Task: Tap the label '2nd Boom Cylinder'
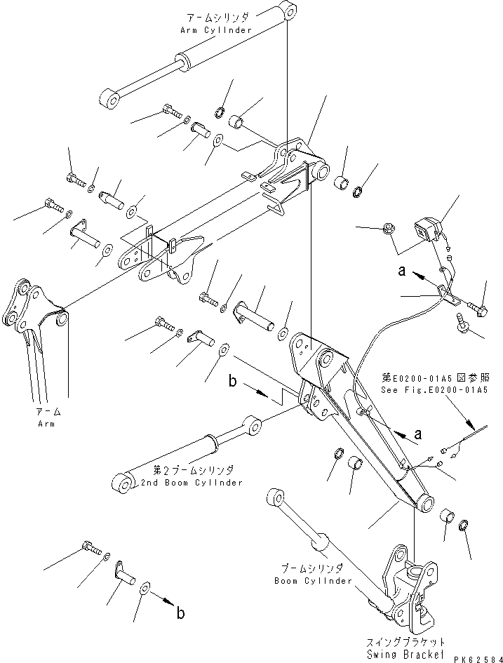(x=192, y=483)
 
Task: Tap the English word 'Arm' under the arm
(x=48, y=424)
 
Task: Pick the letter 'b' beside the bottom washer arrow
(x=180, y=613)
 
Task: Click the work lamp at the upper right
(x=428, y=228)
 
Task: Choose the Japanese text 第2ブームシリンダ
(x=193, y=471)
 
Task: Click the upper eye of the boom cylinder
(x=274, y=498)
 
